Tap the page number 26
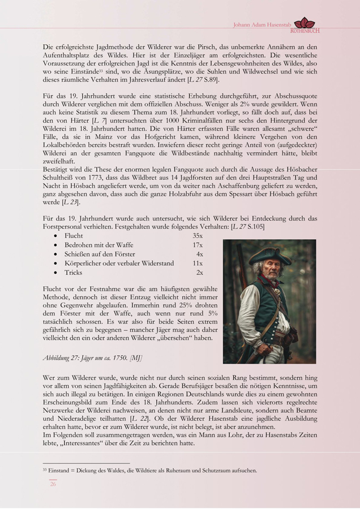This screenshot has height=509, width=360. (x=53, y=484)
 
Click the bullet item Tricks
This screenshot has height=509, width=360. (x=74, y=273)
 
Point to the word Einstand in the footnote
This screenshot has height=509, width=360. (x=59, y=470)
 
